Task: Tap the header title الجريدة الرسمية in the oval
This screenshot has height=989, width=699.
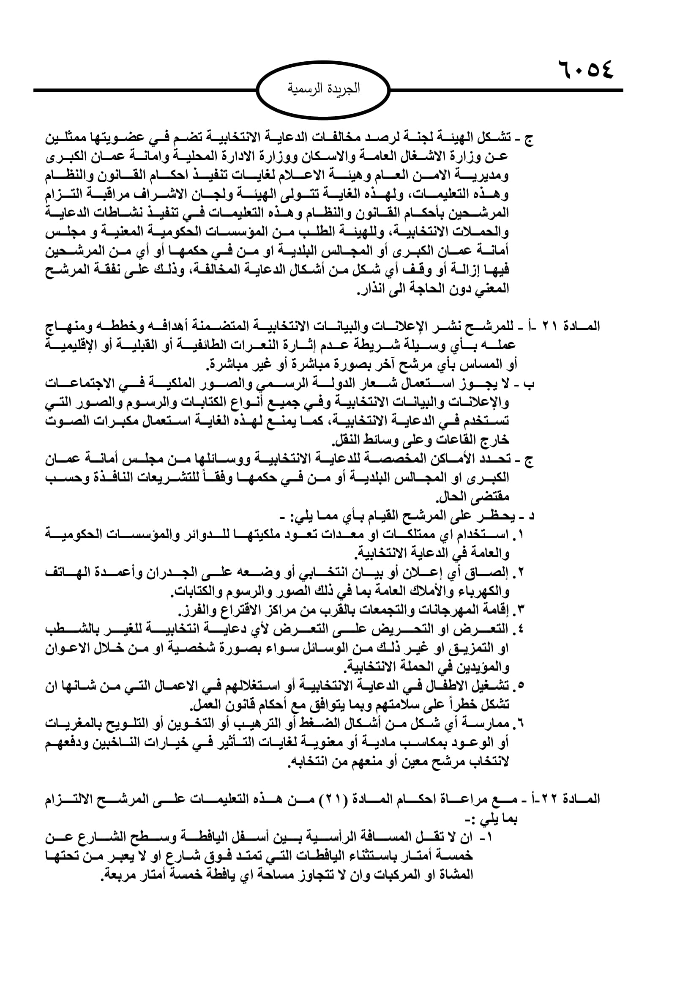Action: click(323, 89)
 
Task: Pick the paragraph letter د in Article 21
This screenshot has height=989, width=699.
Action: click(531, 515)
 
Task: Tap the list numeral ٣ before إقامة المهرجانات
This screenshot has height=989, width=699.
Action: click(521, 610)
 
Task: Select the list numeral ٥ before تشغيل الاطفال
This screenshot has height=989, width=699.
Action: click(521, 685)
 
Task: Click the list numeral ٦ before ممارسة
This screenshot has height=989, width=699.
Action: click(521, 723)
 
